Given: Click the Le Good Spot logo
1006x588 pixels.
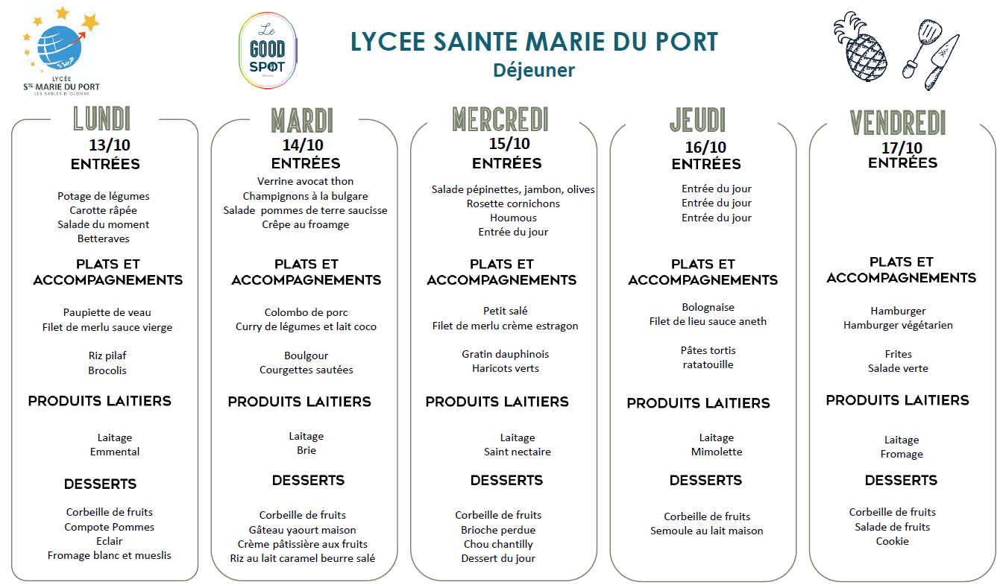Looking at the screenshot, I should pos(267,51).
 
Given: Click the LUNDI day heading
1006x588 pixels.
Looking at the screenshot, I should pos(102,118).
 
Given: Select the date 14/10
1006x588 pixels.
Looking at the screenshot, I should pos(303,145).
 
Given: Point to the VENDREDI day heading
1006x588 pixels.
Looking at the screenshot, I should pos(898,123).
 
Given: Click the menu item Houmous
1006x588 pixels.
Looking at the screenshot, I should pos(513,218).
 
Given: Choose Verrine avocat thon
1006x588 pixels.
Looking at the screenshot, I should pos(305,181).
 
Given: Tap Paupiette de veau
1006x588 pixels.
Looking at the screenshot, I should pos(107,312).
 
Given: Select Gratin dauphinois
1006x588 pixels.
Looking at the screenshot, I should pos(505,354).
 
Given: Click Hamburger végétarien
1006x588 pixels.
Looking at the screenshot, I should pos(898,325).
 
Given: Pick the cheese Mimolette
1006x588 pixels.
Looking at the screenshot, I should pos(717,452).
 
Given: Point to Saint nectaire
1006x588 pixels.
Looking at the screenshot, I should pos(517,452).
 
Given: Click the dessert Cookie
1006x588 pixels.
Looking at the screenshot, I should pos(892,541).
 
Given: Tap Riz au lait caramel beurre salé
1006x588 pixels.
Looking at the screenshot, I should pos(303,558).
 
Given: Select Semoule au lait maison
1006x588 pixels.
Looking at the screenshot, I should pos(706,531).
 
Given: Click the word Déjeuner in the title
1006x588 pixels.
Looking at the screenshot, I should pos(533,70).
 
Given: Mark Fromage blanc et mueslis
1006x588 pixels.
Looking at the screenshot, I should pos(110,555).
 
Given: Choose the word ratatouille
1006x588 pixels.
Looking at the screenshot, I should pos(708,364).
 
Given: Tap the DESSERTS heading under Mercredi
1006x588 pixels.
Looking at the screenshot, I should pos(506,481).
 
